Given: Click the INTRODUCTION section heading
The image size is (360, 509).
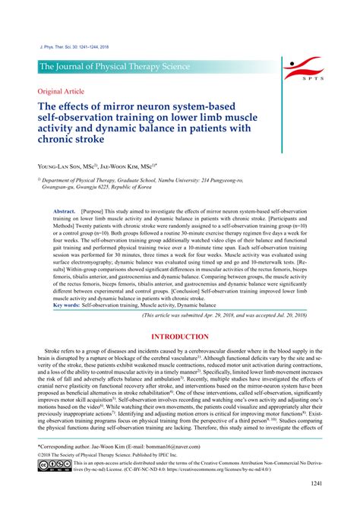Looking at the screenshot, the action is (x=180, y=337).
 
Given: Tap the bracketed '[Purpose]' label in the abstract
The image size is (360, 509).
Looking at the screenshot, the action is (x=94, y=210).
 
